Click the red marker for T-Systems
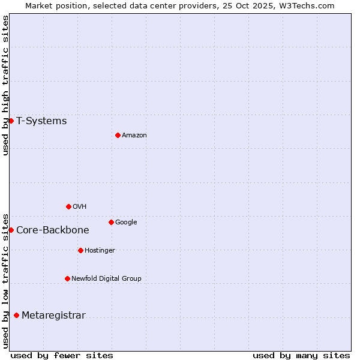coord(11,121)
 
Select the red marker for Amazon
coord(118,135)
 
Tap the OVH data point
coord(68,206)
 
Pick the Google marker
coord(111,222)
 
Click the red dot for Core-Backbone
coord(11,230)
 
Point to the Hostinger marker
coord(80,250)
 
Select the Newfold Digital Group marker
coord(67,278)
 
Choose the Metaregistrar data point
coord(16,315)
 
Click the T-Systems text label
coord(41,121)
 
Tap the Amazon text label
coord(134,136)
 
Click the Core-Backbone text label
coord(53,230)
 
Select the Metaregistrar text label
coord(53,316)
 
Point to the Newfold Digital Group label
coord(106,278)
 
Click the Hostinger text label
coord(100,251)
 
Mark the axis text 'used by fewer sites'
coord(62,355)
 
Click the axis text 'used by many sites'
coord(301,355)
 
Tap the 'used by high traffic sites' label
coord(5,85)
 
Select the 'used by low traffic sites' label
coord(5,280)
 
